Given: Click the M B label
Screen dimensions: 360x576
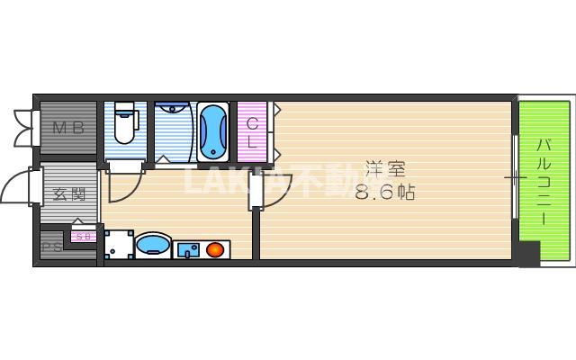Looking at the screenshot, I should (67, 128).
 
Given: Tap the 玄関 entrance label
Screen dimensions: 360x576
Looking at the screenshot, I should (67, 193).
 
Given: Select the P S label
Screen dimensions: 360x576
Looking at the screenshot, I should (50, 247).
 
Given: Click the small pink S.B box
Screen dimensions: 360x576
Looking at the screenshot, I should (82, 237).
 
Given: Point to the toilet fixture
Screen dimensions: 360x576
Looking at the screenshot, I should (125, 123).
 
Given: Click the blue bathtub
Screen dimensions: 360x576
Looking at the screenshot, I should (213, 130).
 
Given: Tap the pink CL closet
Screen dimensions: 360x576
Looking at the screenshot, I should (252, 131).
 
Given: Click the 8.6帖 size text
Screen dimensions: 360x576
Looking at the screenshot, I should (385, 192).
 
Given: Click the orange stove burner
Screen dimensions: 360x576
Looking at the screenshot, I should (215, 248).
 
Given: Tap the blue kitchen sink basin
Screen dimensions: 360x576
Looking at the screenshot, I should (188, 249).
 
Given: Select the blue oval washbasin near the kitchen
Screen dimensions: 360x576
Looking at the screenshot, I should (153, 245).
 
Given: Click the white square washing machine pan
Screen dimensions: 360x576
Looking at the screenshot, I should (117, 244).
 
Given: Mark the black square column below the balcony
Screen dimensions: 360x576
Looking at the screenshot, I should (528, 255).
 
